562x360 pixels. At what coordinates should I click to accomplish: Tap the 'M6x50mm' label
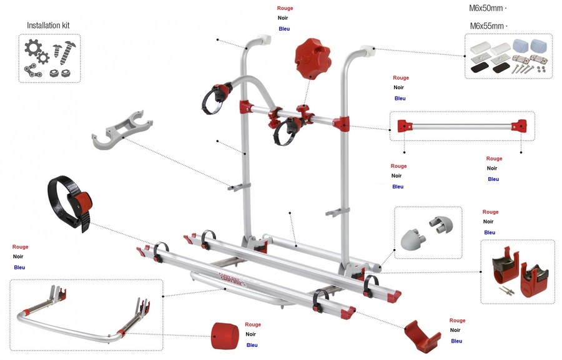(486, 9)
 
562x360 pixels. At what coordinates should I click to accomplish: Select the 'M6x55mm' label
(486, 26)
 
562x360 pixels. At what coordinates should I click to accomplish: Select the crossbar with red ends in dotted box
(462, 126)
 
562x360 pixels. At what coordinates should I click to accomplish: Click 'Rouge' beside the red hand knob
(285, 8)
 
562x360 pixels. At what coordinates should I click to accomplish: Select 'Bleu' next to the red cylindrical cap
(252, 345)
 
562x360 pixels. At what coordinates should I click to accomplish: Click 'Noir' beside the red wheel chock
(455, 331)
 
